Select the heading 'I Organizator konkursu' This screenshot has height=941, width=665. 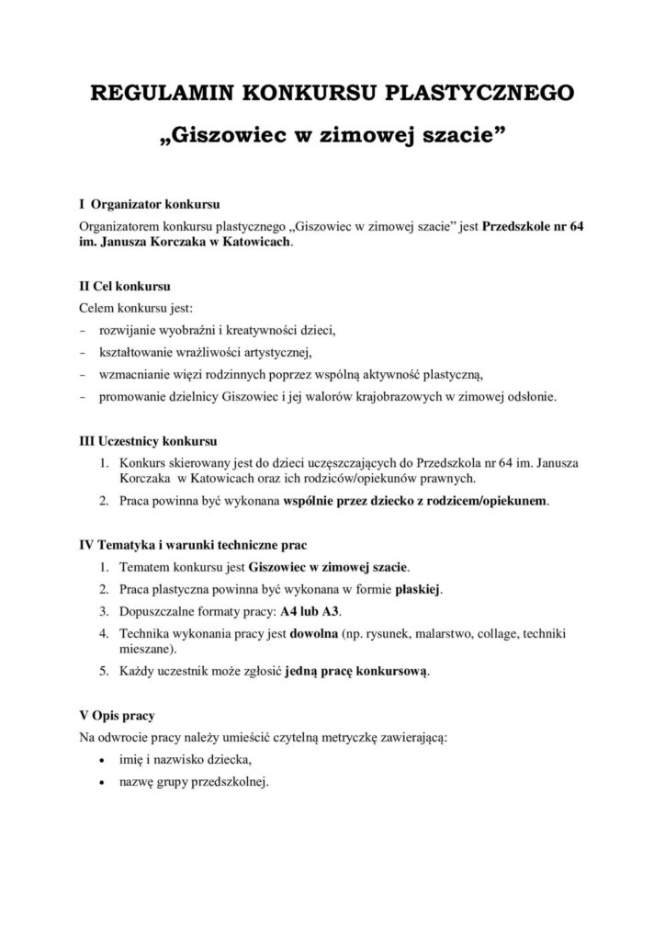[147, 204]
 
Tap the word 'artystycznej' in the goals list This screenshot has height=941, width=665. [275, 353]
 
